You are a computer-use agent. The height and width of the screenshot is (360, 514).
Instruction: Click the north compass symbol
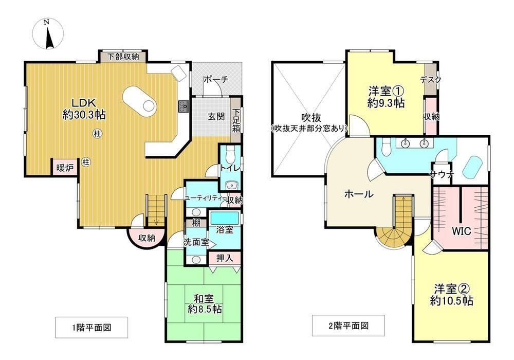pos(48,34)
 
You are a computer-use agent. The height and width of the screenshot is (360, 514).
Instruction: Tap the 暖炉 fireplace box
pos(65,168)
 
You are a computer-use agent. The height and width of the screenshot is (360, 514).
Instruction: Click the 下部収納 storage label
pos(123,57)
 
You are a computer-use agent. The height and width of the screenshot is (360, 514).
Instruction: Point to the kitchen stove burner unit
pos(183,106)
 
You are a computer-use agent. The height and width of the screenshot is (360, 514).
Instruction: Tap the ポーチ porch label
pos(216,79)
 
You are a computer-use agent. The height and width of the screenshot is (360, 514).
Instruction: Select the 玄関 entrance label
pos(216,116)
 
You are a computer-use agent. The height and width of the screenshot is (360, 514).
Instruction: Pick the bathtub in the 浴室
pos(225,218)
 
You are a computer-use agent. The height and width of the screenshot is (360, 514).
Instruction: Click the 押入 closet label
pos(225,258)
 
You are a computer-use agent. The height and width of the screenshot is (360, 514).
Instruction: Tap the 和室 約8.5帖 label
pos(204,304)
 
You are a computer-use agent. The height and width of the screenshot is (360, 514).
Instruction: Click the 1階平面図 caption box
pos(91,327)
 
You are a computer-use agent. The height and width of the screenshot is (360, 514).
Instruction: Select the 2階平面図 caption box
pos(348,326)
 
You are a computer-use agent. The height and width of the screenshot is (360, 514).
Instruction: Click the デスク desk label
pos(430,79)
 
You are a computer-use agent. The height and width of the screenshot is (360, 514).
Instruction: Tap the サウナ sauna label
pos(442,175)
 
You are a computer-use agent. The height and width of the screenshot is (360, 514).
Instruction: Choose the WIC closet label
pos(461,231)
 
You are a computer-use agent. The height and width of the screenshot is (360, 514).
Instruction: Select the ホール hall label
pos(359,194)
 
